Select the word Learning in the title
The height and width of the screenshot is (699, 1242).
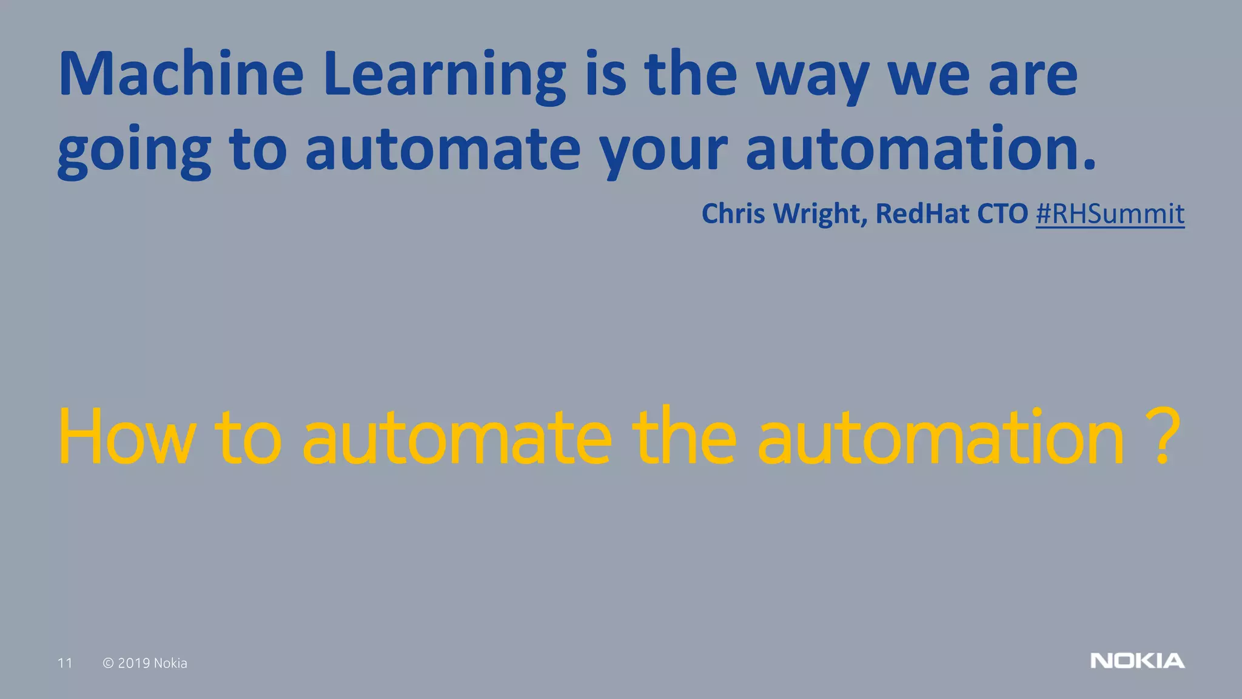(x=445, y=76)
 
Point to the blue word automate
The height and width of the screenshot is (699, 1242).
(x=443, y=149)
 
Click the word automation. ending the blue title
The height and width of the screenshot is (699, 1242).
(x=921, y=149)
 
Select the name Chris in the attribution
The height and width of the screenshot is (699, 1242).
(x=733, y=214)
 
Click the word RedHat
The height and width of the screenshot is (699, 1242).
(x=922, y=214)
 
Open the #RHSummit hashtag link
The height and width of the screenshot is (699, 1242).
(x=1110, y=214)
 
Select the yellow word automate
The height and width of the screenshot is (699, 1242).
(x=457, y=437)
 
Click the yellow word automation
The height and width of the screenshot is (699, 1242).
(x=941, y=437)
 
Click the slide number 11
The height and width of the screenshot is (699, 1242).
(x=65, y=663)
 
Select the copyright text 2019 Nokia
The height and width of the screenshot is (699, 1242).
(x=152, y=663)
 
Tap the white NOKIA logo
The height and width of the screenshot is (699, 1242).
(x=1137, y=661)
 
